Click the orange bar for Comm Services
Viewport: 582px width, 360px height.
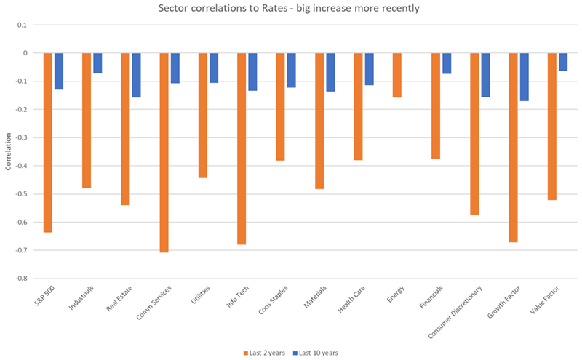[164, 153]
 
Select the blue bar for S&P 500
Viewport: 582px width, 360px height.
[59, 71]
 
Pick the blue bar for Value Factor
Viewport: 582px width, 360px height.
[563, 62]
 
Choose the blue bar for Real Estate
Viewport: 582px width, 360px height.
[136, 75]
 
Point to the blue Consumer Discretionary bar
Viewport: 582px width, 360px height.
[485, 75]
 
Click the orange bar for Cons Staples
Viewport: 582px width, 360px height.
[280, 106]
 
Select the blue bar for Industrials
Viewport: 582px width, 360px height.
[97, 63]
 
